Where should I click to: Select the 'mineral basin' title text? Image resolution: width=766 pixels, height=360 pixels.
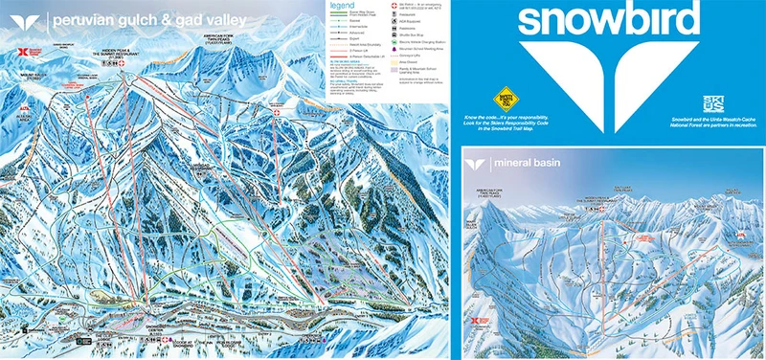528,164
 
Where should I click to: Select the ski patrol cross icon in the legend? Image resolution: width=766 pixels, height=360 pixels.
397,6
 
